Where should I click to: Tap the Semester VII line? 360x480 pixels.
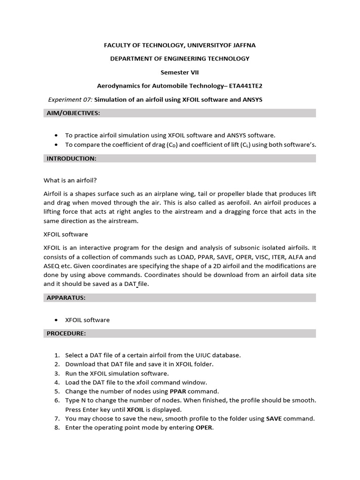(180, 73)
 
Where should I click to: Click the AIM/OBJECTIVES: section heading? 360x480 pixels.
(73, 113)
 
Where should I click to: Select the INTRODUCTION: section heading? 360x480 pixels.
(71, 159)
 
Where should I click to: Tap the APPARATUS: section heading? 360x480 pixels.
(66, 298)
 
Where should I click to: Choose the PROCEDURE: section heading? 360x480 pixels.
(66, 333)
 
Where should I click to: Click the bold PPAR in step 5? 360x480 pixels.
(180, 391)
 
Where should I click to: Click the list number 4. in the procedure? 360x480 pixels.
(57, 382)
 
